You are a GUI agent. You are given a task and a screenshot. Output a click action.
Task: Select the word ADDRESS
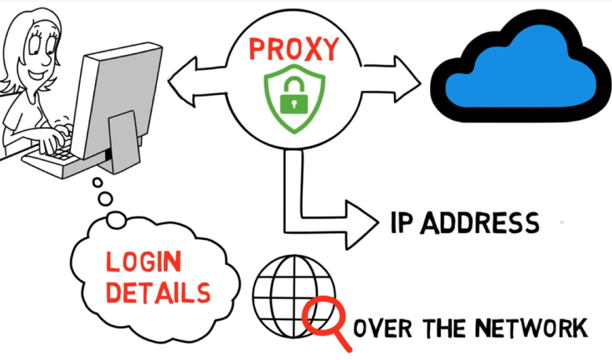[479, 223]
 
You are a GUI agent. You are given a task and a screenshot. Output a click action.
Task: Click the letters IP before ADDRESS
[402, 223]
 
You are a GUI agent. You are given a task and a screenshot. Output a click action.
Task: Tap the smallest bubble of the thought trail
[97, 183]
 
